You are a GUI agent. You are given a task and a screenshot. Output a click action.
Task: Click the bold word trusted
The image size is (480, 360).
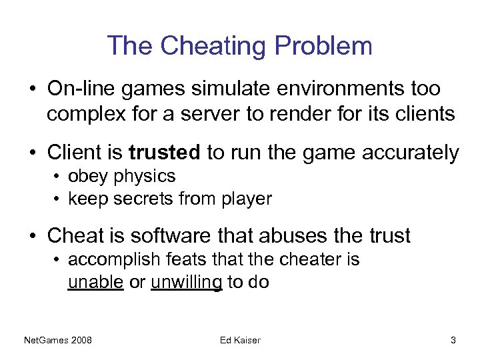(164, 153)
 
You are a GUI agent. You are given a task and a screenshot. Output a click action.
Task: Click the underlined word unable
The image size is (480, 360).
(95, 282)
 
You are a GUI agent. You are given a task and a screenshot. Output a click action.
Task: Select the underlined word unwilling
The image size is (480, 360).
(186, 282)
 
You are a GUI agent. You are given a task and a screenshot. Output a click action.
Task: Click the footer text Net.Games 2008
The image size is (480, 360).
(58, 341)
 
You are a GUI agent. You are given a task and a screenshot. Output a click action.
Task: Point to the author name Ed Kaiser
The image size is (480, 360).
(240, 341)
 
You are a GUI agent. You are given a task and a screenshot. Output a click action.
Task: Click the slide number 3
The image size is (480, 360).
(453, 341)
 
